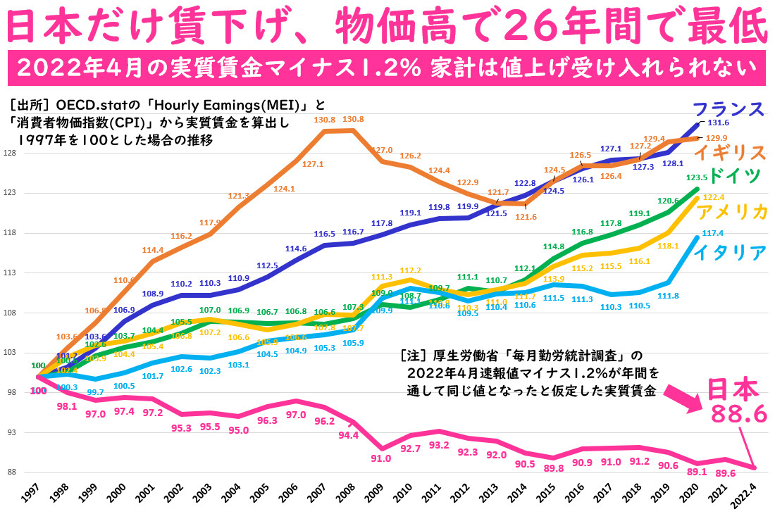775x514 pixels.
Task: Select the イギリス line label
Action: [730, 153]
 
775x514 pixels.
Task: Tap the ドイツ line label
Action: [735, 175]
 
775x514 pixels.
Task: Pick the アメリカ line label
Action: [730, 213]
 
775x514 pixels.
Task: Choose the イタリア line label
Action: [729, 251]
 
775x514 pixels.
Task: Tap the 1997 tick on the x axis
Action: [30, 494]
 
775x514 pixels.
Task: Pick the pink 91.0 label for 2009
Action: [381, 458]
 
